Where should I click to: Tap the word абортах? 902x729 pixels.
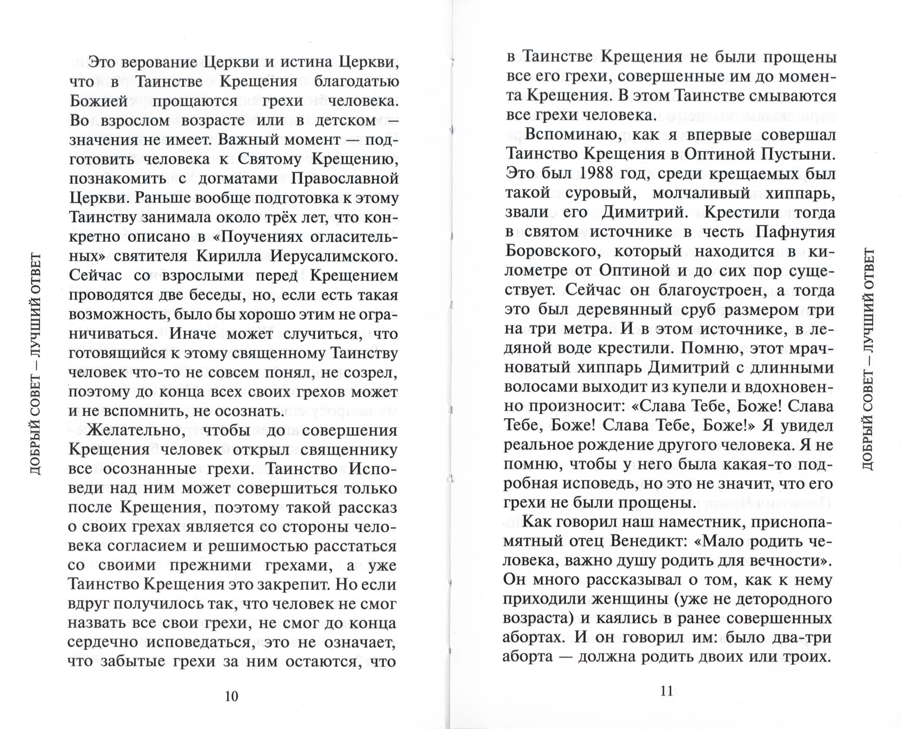[532, 637]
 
